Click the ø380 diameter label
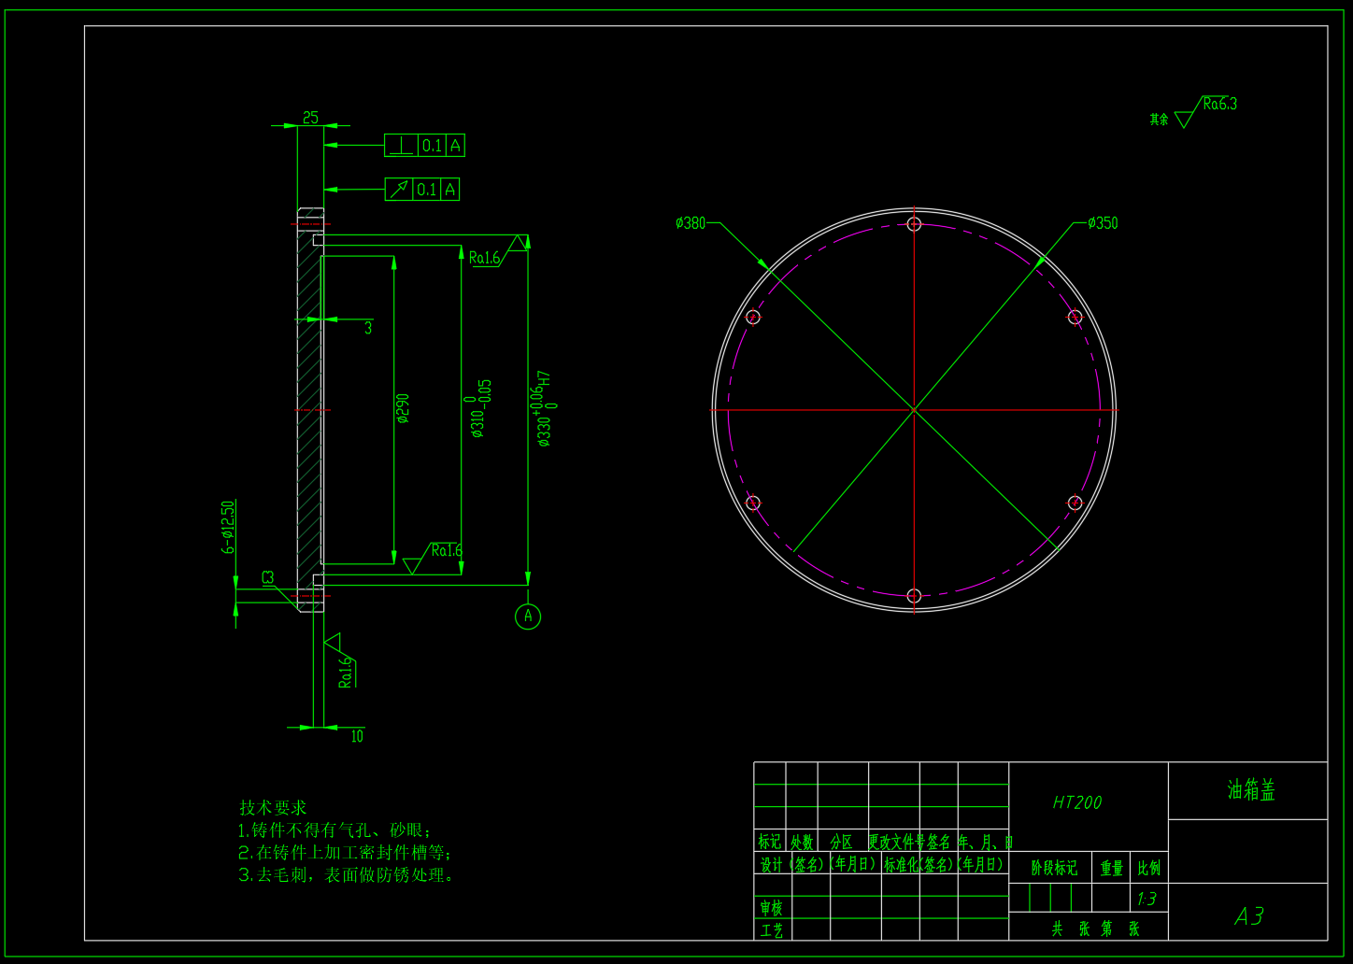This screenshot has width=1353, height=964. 691,223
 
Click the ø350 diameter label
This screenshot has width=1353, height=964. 1103,223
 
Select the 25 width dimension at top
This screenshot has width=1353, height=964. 310,118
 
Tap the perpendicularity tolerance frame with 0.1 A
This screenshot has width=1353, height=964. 424,146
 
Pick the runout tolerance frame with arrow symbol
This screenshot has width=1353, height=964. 422,190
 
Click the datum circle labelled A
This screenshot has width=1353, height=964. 528,617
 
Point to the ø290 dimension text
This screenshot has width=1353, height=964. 403,408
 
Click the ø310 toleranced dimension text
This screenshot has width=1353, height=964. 479,409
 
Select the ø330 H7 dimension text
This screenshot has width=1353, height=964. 547,408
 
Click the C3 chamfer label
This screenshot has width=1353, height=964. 268,578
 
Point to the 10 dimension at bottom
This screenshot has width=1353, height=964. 357,736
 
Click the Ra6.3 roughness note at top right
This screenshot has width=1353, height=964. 1219,105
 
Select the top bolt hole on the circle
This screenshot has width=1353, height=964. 915,224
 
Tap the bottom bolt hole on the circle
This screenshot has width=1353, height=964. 915,596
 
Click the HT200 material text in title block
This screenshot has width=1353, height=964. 1077,802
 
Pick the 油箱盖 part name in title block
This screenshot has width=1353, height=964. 1251,791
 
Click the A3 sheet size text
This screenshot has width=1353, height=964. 1249,916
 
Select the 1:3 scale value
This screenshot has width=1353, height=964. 1146,900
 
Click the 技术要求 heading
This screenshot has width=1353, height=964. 273,808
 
